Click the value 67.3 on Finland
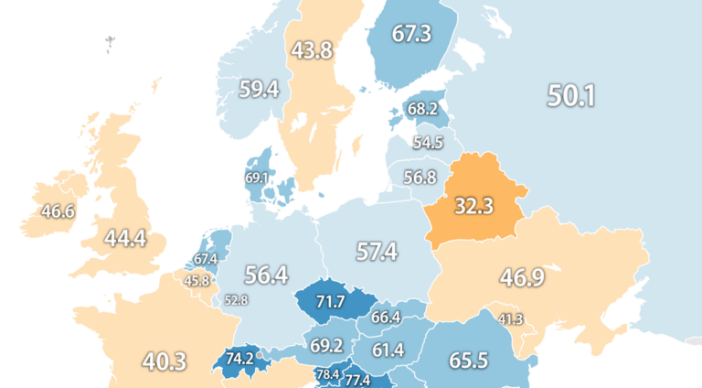(x=410, y=34)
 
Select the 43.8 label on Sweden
(x=312, y=52)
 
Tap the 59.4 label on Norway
(x=259, y=89)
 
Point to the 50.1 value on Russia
(x=572, y=94)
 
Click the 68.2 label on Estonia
(x=422, y=109)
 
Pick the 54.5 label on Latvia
(x=428, y=143)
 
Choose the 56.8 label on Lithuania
(x=420, y=177)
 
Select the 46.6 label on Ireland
(x=58, y=211)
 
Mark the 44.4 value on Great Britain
(x=125, y=239)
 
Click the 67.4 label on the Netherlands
(x=206, y=260)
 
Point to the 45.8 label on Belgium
(x=197, y=281)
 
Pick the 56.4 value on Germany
(x=267, y=275)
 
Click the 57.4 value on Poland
(x=377, y=251)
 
